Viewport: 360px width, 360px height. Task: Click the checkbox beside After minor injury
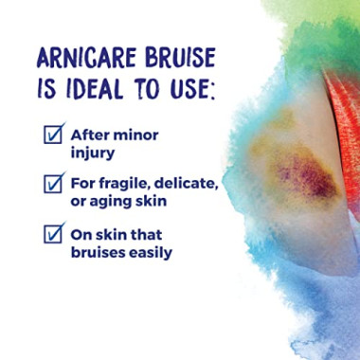pyautogui.click(x=54, y=133)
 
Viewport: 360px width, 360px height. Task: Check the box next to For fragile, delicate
pyautogui.click(x=54, y=180)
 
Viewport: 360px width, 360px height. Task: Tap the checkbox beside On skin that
pyautogui.click(x=54, y=231)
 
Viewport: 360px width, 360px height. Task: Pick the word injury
pyautogui.click(x=95, y=152)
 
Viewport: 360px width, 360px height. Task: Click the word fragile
pyautogui.click(x=132, y=182)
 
